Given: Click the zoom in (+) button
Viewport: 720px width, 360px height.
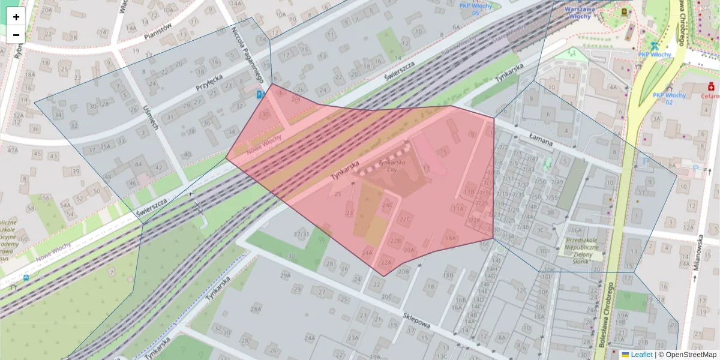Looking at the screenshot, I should point(16,17).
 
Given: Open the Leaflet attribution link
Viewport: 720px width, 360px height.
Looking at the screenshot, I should point(641,355).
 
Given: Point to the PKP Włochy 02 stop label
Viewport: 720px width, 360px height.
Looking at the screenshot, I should point(669,98).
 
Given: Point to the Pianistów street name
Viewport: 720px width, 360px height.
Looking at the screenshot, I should point(157,32).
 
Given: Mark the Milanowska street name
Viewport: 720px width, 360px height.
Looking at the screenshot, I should point(698,253).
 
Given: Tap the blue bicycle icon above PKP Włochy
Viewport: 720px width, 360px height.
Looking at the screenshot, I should point(655,45).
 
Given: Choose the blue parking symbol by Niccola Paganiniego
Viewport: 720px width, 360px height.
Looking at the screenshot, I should point(260,95).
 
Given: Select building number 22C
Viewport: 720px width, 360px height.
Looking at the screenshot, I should point(406,220).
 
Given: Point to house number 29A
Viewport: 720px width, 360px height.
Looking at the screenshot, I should point(285,275).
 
